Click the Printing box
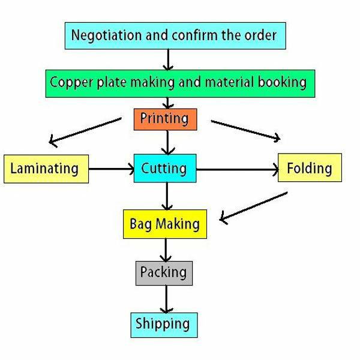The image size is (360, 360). click(x=164, y=119)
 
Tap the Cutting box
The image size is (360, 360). click(x=164, y=169)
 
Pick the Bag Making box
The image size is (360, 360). click(x=164, y=224)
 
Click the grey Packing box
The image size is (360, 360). click(x=164, y=272)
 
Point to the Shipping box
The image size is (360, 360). click(x=163, y=325)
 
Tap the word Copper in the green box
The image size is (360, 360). click(x=71, y=81)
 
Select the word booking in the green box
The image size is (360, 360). click(x=282, y=81)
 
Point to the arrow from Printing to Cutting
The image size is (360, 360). click(x=167, y=142)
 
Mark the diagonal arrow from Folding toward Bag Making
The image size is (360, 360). click(x=254, y=206)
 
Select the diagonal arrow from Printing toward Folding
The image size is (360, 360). click(x=245, y=130)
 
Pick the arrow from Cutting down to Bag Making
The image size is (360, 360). click(x=167, y=196)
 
